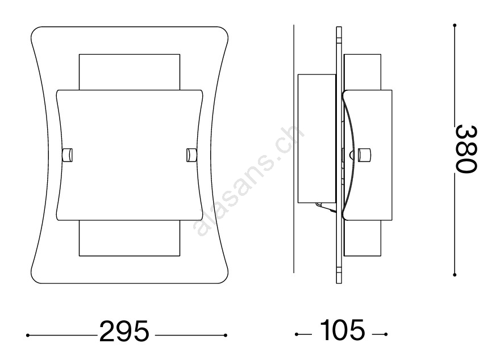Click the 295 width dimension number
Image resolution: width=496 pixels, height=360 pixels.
coord(124,331)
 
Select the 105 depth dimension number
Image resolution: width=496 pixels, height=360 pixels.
coord(342,330)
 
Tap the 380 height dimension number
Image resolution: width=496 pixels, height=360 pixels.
coord(466,149)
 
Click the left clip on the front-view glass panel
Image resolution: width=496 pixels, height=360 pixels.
coord(68,155)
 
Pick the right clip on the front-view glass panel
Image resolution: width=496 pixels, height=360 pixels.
coord(191,155)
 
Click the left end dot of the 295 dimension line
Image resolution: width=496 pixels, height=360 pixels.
coord(28,336)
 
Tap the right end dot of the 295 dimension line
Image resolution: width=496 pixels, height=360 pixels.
coord(226,336)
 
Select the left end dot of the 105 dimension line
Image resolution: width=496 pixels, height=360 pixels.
coord(297,334)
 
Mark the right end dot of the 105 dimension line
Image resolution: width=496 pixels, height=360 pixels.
coord(386,334)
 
